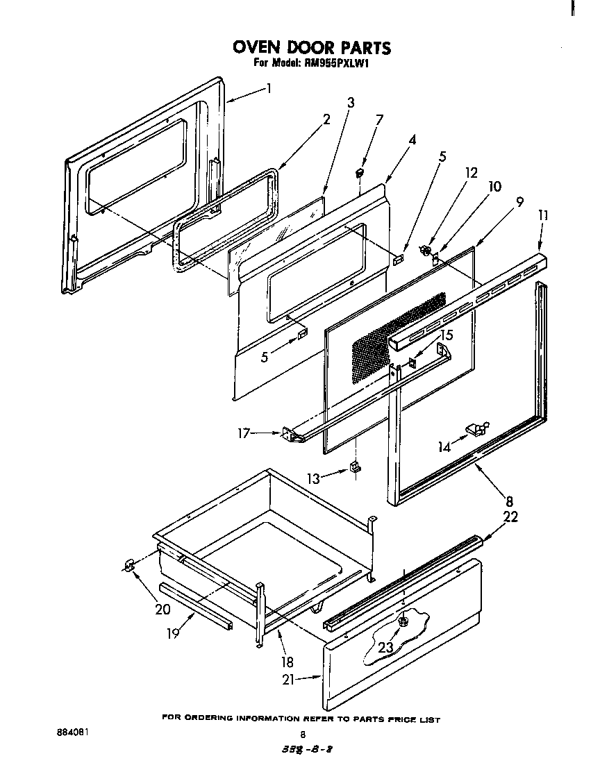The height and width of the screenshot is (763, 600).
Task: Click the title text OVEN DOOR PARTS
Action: pos(312,47)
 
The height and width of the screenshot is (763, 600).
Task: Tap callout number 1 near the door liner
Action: pos(268,88)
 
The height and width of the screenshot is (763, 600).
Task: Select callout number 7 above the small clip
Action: pos(379,119)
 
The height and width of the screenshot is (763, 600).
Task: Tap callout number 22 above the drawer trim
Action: pos(510,517)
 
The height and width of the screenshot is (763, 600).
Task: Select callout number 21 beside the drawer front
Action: pos(290,680)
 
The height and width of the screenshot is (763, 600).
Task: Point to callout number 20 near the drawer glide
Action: pos(162,609)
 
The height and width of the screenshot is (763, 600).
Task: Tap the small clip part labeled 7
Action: pos(360,169)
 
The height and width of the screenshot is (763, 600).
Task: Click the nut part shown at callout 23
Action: pos(403,621)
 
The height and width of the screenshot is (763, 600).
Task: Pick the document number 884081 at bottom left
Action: pos(72,732)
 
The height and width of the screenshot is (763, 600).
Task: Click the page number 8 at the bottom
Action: pos(302,735)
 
